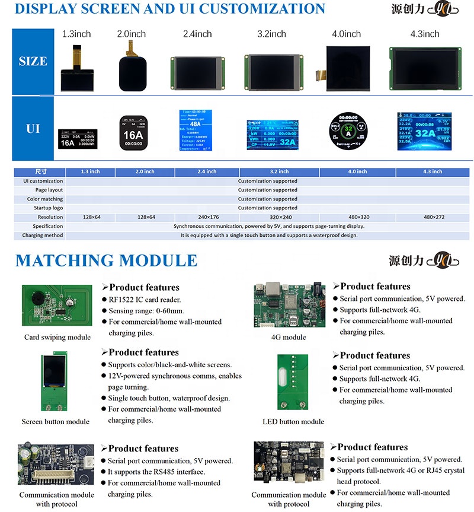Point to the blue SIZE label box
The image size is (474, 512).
33,61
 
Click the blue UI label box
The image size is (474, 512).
33,128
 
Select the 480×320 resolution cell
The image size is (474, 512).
358,217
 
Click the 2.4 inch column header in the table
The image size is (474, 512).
207,171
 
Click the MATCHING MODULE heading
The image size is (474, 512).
106,260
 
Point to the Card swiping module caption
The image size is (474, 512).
57,338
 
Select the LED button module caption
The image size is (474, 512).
293,422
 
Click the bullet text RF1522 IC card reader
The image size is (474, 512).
145,300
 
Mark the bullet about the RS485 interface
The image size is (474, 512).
156,472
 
